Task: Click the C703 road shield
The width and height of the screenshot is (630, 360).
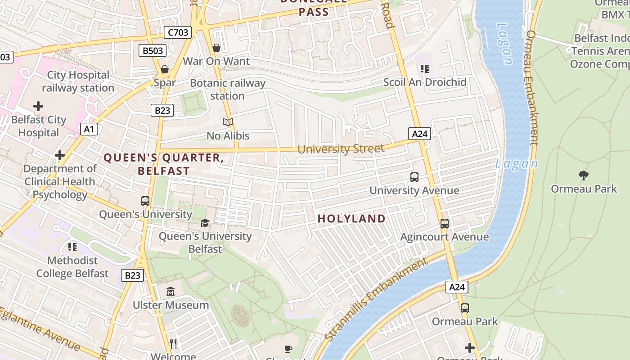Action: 178,32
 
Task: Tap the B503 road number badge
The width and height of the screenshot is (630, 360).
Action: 153,50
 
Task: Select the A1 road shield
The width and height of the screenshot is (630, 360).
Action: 89,129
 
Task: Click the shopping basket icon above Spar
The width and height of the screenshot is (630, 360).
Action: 165,69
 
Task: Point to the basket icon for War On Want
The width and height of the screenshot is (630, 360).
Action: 216,47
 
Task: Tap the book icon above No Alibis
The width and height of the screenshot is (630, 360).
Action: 228,122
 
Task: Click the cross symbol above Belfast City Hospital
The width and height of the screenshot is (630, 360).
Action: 38,106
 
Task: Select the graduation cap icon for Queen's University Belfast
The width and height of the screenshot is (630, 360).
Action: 205,222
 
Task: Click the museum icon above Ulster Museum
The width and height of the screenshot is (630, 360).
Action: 171,291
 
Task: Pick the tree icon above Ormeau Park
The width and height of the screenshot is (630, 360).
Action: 584,175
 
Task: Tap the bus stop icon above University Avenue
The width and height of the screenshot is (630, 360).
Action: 414,177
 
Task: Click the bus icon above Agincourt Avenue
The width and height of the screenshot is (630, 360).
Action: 444,223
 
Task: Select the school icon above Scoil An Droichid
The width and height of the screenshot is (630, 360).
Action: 425,69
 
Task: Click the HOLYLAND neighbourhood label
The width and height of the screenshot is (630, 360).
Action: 351,219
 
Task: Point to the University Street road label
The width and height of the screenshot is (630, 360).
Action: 341,148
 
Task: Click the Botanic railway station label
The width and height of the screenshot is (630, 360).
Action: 228,89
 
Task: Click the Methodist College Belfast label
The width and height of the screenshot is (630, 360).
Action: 72,267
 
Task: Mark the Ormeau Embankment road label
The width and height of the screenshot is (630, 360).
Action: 532,88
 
